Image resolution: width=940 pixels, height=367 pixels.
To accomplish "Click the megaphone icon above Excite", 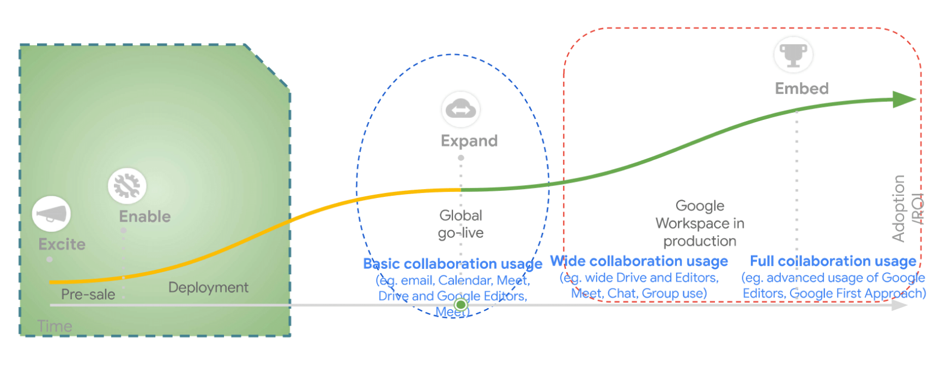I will click(51, 214).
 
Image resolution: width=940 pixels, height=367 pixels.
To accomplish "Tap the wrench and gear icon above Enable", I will click(127, 186).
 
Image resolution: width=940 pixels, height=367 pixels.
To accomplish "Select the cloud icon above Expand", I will click(460, 109).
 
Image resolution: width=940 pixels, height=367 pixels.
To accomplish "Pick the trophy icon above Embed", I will click(793, 55).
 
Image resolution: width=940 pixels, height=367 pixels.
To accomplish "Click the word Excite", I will click(62, 244).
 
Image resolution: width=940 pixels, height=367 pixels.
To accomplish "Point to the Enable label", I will click(145, 216).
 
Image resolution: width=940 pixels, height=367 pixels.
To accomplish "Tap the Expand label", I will click(469, 141).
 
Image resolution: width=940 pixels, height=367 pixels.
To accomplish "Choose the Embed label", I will click(802, 88).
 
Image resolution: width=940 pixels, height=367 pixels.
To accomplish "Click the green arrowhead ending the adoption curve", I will click(905, 99).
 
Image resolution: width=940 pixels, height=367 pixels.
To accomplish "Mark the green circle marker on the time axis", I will click(461, 304).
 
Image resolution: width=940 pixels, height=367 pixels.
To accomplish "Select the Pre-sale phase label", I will click(88, 294).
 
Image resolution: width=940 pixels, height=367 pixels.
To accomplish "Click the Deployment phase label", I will click(208, 287).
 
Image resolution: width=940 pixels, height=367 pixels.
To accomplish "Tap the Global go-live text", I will click(461, 224).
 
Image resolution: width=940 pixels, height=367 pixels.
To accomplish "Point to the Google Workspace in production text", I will click(700, 223).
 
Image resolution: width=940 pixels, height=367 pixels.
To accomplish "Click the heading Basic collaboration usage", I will click(452, 264).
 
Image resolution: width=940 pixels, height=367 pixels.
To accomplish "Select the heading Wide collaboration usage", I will click(639, 261).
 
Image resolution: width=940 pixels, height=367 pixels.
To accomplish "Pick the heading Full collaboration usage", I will click(833, 261).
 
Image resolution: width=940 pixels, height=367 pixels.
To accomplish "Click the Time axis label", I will click(54, 326).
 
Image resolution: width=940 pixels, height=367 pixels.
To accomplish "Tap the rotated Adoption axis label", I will click(899, 208).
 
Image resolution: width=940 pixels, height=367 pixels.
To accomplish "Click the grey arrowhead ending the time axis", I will click(900, 305).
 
